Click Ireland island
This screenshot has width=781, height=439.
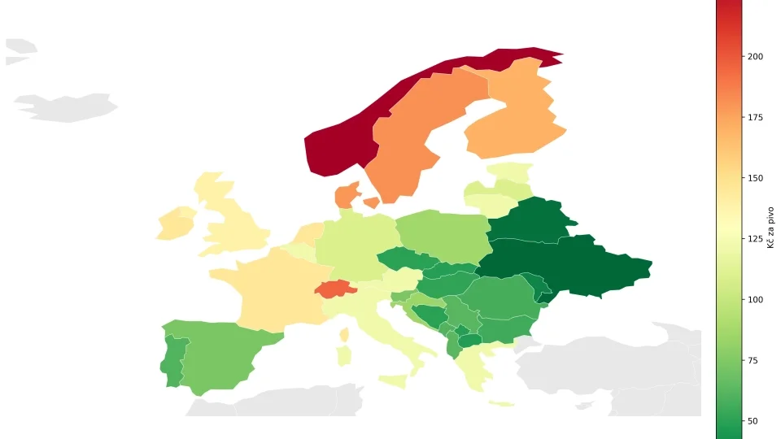174,224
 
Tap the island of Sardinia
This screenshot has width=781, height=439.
343,355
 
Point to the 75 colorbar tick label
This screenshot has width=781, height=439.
753,361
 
